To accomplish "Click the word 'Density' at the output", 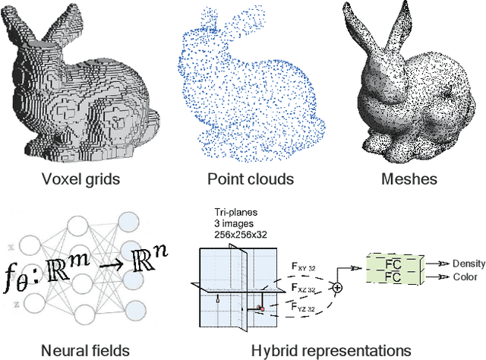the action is pyautogui.click(x=469, y=264).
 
